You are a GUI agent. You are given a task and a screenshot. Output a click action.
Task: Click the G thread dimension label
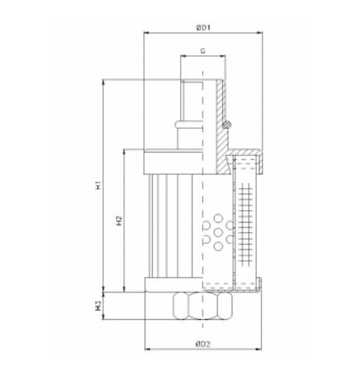click(x=202, y=51)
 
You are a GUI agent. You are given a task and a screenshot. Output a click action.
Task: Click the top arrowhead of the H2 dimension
click(x=123, y=150)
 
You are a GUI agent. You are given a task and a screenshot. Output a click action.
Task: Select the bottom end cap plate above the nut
click(x=173, y=285)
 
